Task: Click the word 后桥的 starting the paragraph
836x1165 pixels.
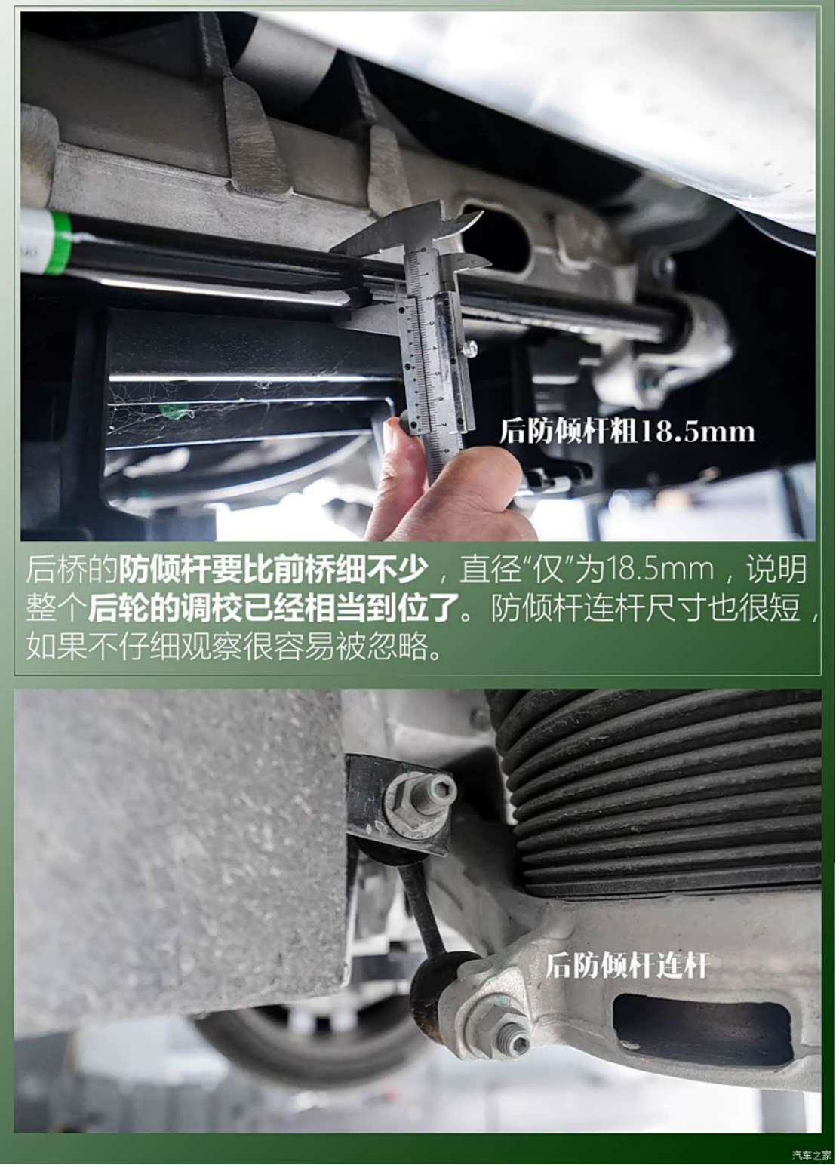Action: tap(72, 570)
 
